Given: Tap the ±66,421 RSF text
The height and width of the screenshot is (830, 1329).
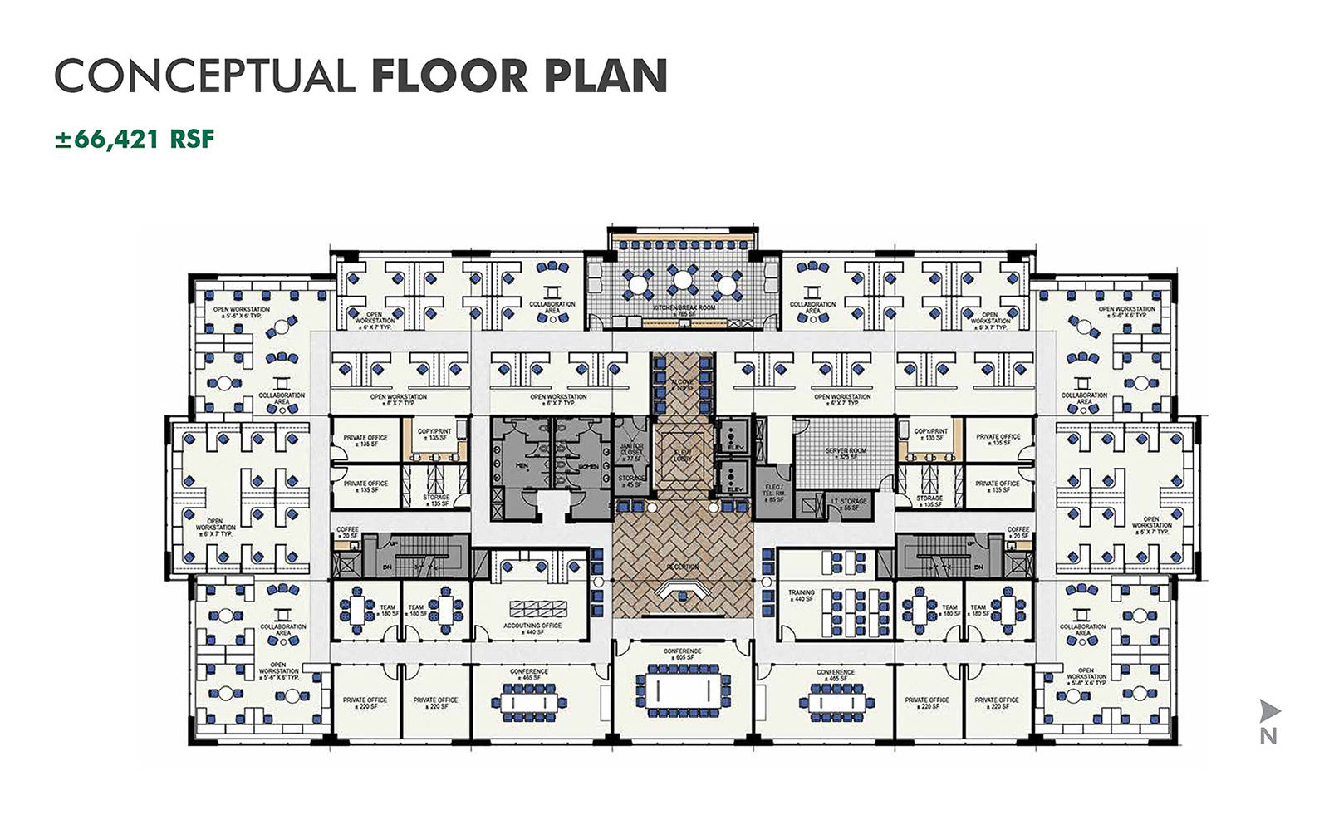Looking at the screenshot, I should point(135,139).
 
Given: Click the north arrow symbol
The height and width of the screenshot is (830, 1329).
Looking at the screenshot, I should point(1268,710).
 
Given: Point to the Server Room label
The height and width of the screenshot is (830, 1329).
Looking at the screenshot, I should point(845,454).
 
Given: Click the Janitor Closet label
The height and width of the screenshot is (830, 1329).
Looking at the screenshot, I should point(631,452).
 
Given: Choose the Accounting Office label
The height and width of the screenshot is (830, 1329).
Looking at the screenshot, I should point(532,629).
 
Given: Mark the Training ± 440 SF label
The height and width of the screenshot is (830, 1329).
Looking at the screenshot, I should point(801,596).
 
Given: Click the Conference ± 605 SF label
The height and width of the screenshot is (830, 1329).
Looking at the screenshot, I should point(683,654).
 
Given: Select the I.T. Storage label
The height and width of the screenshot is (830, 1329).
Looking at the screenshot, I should point(848,503).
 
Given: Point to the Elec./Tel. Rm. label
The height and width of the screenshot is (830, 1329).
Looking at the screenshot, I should point(774,493).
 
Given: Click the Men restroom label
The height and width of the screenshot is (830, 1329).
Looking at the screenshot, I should point(522,465).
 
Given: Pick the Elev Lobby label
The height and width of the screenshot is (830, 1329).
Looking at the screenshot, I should point(682,455).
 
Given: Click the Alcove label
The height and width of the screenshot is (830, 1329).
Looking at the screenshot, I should point(682,385).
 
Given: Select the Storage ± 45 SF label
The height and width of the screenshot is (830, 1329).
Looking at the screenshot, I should point(631,481).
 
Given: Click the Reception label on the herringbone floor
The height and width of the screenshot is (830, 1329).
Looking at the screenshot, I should point(682,567).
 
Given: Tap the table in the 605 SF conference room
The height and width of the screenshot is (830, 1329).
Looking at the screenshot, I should point(682,688).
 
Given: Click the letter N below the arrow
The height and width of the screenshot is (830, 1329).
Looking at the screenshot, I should point(1268,736).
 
